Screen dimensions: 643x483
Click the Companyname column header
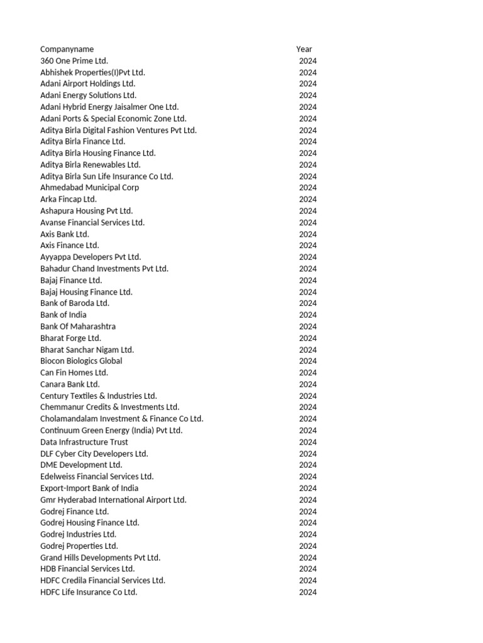click(x=67, y=49)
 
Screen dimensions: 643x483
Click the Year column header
click(x=304, y=49)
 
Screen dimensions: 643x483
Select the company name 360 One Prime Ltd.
click(x=74, y=61)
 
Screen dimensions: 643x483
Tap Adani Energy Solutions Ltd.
click(x=88, y=95)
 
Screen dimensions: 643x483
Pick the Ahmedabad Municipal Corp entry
click(x=89, y=188)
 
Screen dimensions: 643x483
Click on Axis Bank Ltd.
click(x=65, y=234)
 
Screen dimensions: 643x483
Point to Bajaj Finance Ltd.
click(x=71, y=281)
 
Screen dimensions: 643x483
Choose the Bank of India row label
click(x=64, y=315)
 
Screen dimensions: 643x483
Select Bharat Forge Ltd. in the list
click(x=70, y=338)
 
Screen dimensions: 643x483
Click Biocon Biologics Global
click(x=81, y=361)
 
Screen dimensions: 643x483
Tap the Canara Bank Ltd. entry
click(x=70, y=384)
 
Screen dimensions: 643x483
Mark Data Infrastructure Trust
click(x=84, y=442)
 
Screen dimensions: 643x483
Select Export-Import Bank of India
click(x=89, y=489)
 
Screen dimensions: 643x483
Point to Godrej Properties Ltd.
click(x=79, y=546)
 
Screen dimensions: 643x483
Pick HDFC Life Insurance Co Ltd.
click(x=89, y=592)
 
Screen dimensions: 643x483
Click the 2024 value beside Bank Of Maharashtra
click(x=308, y=327)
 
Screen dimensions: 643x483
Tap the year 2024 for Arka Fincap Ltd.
click(x=308, y=200)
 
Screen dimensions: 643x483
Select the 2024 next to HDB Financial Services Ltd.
click(x=308, y=569)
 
